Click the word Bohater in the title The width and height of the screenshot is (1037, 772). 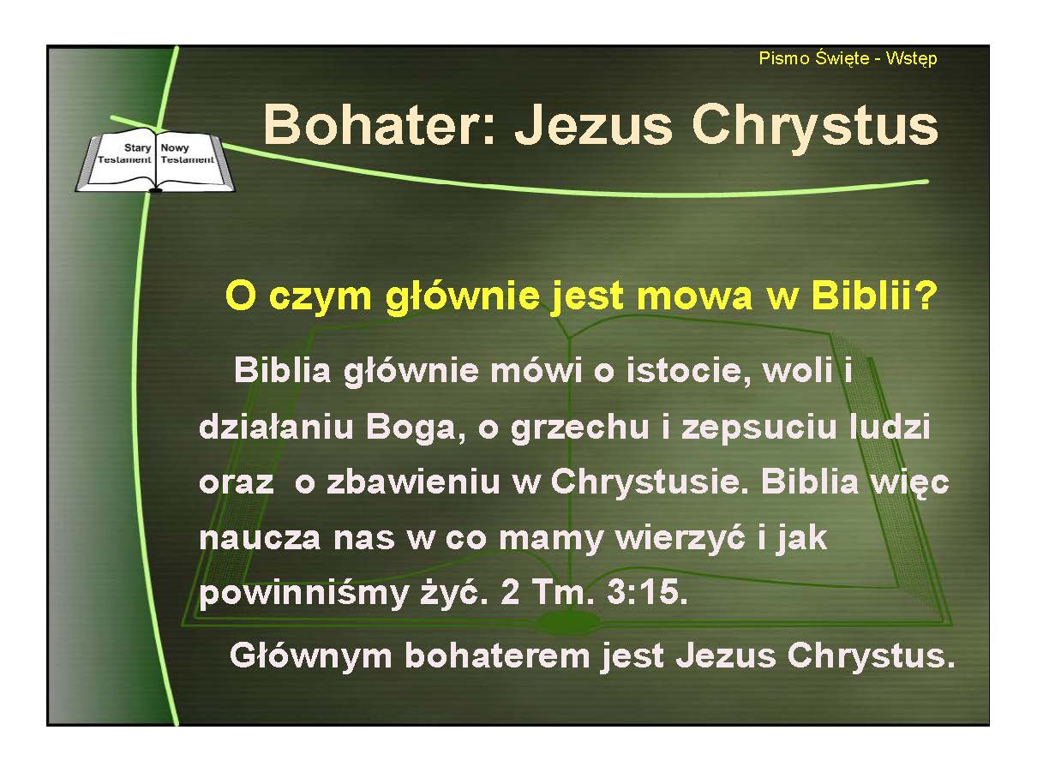click(x=378, y=125)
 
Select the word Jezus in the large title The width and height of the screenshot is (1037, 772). click(x=593, y=125)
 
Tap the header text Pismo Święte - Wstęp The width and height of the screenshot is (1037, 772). click(x=848, y=59)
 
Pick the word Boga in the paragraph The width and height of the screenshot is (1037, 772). click(x=411, y=427)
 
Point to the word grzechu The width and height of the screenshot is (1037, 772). click(x=579, y=427)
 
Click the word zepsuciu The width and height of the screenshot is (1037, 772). click(x=758, y=427)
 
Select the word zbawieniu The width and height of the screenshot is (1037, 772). click(x=413, y=482)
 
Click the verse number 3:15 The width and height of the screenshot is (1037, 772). click(x=648, y=592)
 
